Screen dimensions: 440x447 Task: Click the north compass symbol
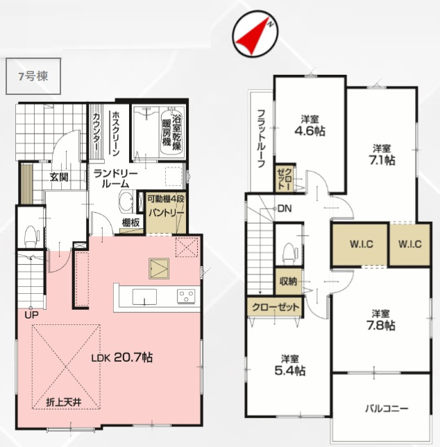[x=255, y=33]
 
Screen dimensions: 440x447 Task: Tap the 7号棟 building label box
[x=33, y=76]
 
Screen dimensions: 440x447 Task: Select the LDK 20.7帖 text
[x=122, y=357]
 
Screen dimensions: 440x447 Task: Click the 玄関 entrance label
[x=59, y=177]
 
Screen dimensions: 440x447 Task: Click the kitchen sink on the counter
[x=144, y=297]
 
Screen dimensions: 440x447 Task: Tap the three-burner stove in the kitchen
[x=186, y=296]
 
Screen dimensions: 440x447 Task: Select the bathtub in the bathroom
[x=172, y=131]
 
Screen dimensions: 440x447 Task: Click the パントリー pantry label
[x=166, y=213]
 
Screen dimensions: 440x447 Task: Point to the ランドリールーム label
[x=116, y=178]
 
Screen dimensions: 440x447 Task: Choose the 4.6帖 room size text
[x=310, y=131]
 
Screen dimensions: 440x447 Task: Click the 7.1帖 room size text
[x=382, y=161]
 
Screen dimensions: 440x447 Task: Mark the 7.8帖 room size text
[x=381, y=325]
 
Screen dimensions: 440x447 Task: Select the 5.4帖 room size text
[x=290, y=371]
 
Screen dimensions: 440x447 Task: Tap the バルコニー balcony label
[x=387, y=409]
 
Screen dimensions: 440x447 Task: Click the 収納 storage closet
[x=289, y=281]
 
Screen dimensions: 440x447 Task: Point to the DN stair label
[x=285, y=209]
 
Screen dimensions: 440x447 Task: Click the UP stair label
[x=32, y=315]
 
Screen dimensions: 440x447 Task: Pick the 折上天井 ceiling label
[x=64, y=402]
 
